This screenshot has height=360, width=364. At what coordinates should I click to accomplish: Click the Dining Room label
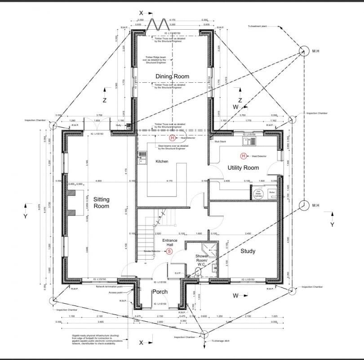[172, 76]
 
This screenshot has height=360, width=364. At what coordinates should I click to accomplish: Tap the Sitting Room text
[101, 202]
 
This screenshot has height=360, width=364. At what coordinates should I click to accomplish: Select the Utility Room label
[243, 168]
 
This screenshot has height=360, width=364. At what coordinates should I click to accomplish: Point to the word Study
[248, 251]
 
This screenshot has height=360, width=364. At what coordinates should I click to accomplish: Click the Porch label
[160, 292]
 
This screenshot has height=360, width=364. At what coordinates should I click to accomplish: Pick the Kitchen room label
[162, 162]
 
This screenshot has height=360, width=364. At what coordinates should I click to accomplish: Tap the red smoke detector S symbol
[169, 251]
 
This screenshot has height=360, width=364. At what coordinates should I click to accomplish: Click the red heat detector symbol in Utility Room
[243, 156]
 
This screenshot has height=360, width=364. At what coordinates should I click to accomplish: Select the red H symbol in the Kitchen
[172, 138]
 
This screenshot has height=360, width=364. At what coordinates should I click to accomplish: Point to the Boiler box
[271, 192]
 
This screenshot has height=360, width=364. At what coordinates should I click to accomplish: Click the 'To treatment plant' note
[258, 26]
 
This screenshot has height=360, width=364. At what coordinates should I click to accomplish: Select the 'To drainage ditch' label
[220, 342]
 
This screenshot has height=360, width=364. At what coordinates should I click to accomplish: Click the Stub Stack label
[220, 142]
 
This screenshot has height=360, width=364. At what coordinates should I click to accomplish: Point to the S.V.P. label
[177, 273]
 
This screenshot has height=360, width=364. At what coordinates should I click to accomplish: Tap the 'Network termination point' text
[109, 286]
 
